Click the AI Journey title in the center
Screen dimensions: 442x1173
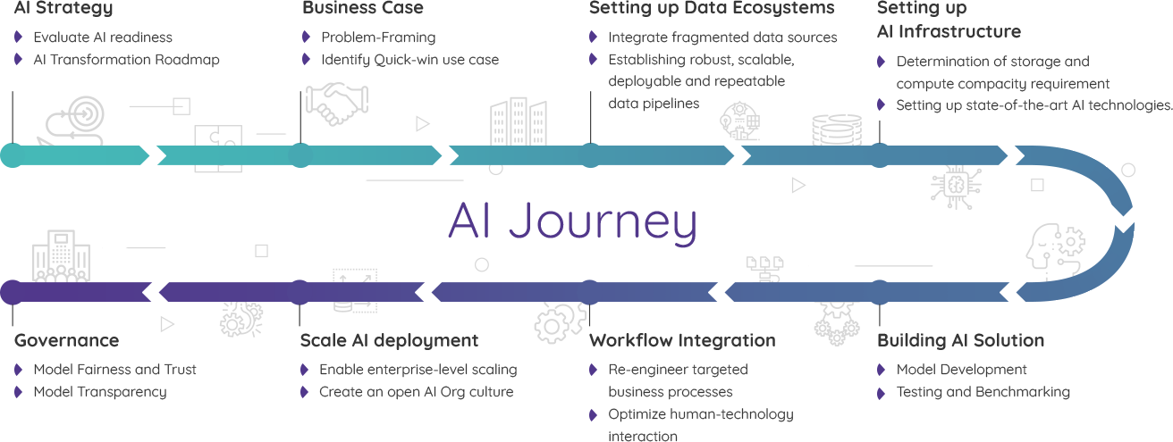[x=572, y=222]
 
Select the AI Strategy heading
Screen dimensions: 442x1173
[x=63, y=8]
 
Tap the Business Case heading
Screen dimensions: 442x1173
[x=362, y=8]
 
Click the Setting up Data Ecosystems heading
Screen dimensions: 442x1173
[x=712, y=8]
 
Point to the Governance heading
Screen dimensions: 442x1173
[x=67, y=340]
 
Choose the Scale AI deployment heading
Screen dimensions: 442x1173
[x=390, y=340]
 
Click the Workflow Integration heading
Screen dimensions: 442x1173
[x=683, y=340]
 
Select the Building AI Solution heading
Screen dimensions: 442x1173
[x=960, y=340]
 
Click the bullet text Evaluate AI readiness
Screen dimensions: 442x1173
[x=103, y=38]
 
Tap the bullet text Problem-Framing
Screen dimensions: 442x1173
[x=378, y=38]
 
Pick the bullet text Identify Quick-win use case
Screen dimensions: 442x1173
[x=409, y=60]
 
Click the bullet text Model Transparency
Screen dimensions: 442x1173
[x=99, y=391]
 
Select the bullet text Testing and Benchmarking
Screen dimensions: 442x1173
[x=983, y=391]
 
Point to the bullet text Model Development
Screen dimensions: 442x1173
[x=961, y=369]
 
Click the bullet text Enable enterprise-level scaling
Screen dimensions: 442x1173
[x=418, y=369]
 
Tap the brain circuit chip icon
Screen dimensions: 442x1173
[x=955, y=185]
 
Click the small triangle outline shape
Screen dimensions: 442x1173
[x=797, y=185]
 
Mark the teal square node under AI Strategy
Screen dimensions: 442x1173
[x=13, y=154]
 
